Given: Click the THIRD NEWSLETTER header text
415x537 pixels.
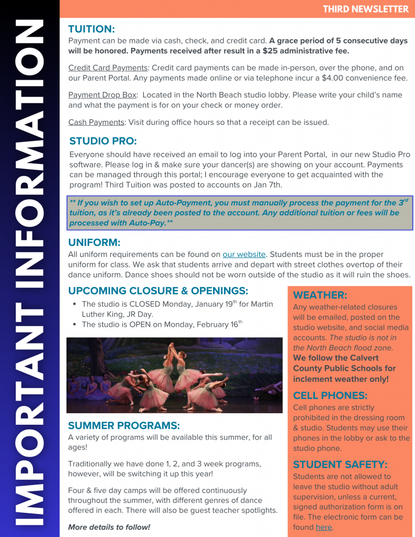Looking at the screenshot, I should tap(365, 9).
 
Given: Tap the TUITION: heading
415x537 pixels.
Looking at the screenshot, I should tap(91, 29).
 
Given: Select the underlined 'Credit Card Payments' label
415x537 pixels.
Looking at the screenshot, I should tap(108, 68).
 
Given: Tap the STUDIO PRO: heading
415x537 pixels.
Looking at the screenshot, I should tap(103, 141).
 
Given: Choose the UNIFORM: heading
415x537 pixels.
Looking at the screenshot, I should tap(94, 242).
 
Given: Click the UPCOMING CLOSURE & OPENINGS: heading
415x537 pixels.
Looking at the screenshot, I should tap(158, 291).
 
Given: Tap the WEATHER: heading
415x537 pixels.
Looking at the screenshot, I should tap(320, 295).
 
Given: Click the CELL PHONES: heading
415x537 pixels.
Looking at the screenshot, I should tap(330, 395).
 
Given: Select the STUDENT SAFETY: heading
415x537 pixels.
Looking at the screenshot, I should tap(340, 464).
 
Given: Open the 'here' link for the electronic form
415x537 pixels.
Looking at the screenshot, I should tap(324, 527).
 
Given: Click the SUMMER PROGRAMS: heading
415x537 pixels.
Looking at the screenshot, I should tap(124, 425).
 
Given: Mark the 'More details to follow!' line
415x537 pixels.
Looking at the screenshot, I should tap(109, 527).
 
